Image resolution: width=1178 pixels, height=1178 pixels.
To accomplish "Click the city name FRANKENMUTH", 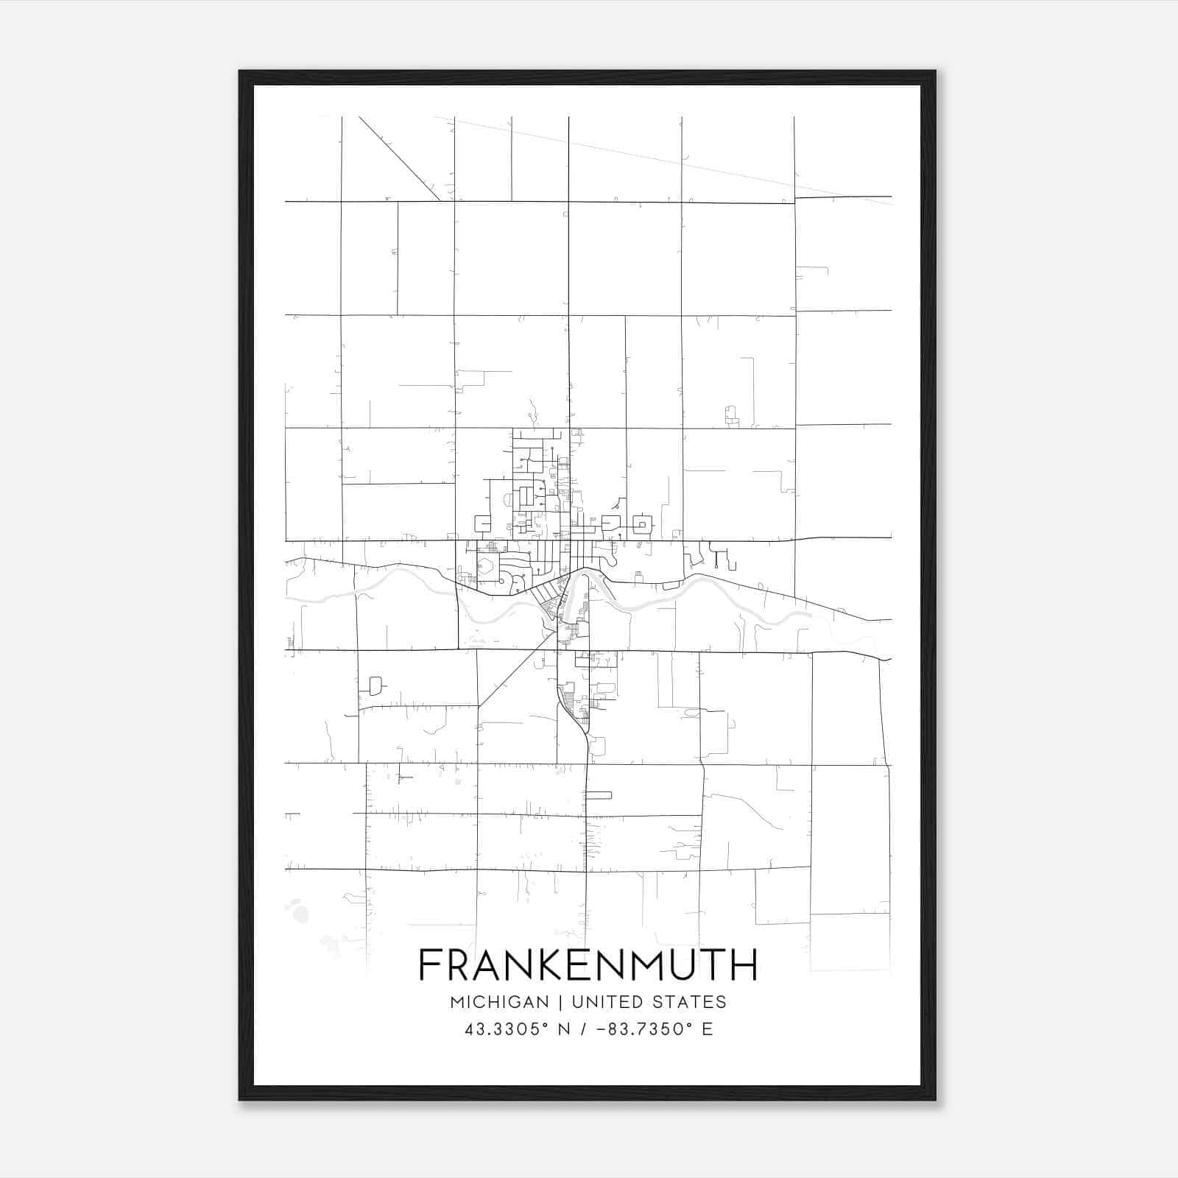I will [x=588, y=965].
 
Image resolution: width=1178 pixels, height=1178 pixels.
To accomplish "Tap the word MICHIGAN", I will [x=499, y=1002].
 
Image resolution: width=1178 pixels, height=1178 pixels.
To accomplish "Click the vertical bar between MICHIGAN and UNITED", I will [x=560, y=1002].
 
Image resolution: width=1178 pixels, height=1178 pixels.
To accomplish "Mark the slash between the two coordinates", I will [x=583, y=1029].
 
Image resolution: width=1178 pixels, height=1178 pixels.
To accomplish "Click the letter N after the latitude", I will [x=564, y=1029].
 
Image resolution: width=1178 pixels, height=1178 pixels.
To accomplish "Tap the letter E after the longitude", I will [x=708, y=1029].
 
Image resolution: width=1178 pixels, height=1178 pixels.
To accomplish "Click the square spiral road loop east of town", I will [x=643, y=525].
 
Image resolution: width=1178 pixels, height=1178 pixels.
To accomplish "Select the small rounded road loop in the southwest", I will [x=375, y=685].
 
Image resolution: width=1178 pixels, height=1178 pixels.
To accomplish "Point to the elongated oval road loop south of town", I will [x=599, y=794].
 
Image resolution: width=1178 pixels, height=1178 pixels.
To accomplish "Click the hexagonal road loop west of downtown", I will [x=487, y=568].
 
